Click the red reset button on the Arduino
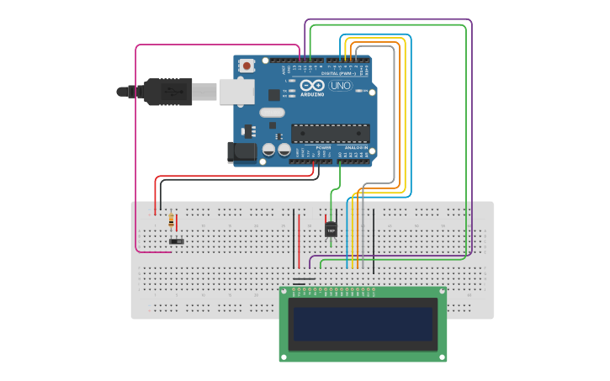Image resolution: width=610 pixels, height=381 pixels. click(247, 66)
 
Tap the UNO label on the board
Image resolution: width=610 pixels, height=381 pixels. click(341, 86)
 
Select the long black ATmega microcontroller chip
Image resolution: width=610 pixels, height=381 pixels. click(330, 133)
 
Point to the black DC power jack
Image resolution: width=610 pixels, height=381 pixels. click(241, 152)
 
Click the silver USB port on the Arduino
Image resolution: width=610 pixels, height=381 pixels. click(236, 91)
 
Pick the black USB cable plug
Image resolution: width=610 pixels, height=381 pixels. click(168, 92)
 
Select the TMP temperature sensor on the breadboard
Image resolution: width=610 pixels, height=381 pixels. click(331, 229)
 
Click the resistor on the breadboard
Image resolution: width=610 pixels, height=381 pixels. click(172, 221)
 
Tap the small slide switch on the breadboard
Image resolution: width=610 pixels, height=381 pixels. click(177, 241)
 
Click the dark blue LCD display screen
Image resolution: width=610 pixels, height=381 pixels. click(363, 323)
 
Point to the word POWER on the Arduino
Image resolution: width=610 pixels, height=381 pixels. click(323, 147)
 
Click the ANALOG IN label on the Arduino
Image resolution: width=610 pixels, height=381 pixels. click(356, 147)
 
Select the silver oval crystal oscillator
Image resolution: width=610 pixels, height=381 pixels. click(273, 113)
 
